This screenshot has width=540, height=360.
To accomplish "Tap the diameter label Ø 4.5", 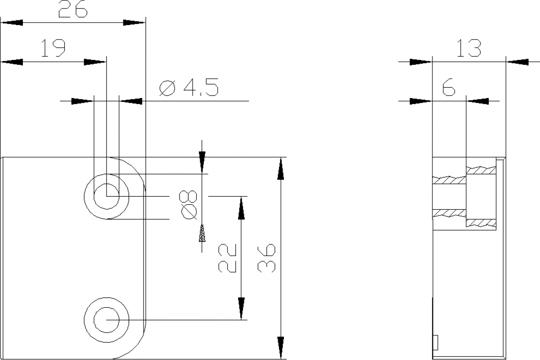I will [x=189, y=88].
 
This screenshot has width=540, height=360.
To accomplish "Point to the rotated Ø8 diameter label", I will [x=189, y=204].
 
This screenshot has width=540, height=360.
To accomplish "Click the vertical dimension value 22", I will [x=227, y=258].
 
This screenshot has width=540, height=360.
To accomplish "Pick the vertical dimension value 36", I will [x=266, y=258].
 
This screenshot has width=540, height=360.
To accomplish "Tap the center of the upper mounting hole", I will [x=107, y=196].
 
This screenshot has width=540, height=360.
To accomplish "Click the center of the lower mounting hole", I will [x=107, y=320].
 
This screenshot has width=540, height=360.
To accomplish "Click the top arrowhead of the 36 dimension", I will [x=281, y=169].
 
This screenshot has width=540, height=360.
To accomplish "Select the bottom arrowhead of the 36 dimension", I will [x=281, y=348].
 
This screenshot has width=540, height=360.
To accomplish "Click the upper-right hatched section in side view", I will [x=481, y=170].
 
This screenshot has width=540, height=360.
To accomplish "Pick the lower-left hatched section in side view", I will [x=449, y=212].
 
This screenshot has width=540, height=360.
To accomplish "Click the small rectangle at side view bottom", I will [x=435, y=342].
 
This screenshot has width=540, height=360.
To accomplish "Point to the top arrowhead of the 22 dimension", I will [x=242, y=208].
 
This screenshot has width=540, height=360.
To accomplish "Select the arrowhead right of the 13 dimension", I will [x=517, y=62].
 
